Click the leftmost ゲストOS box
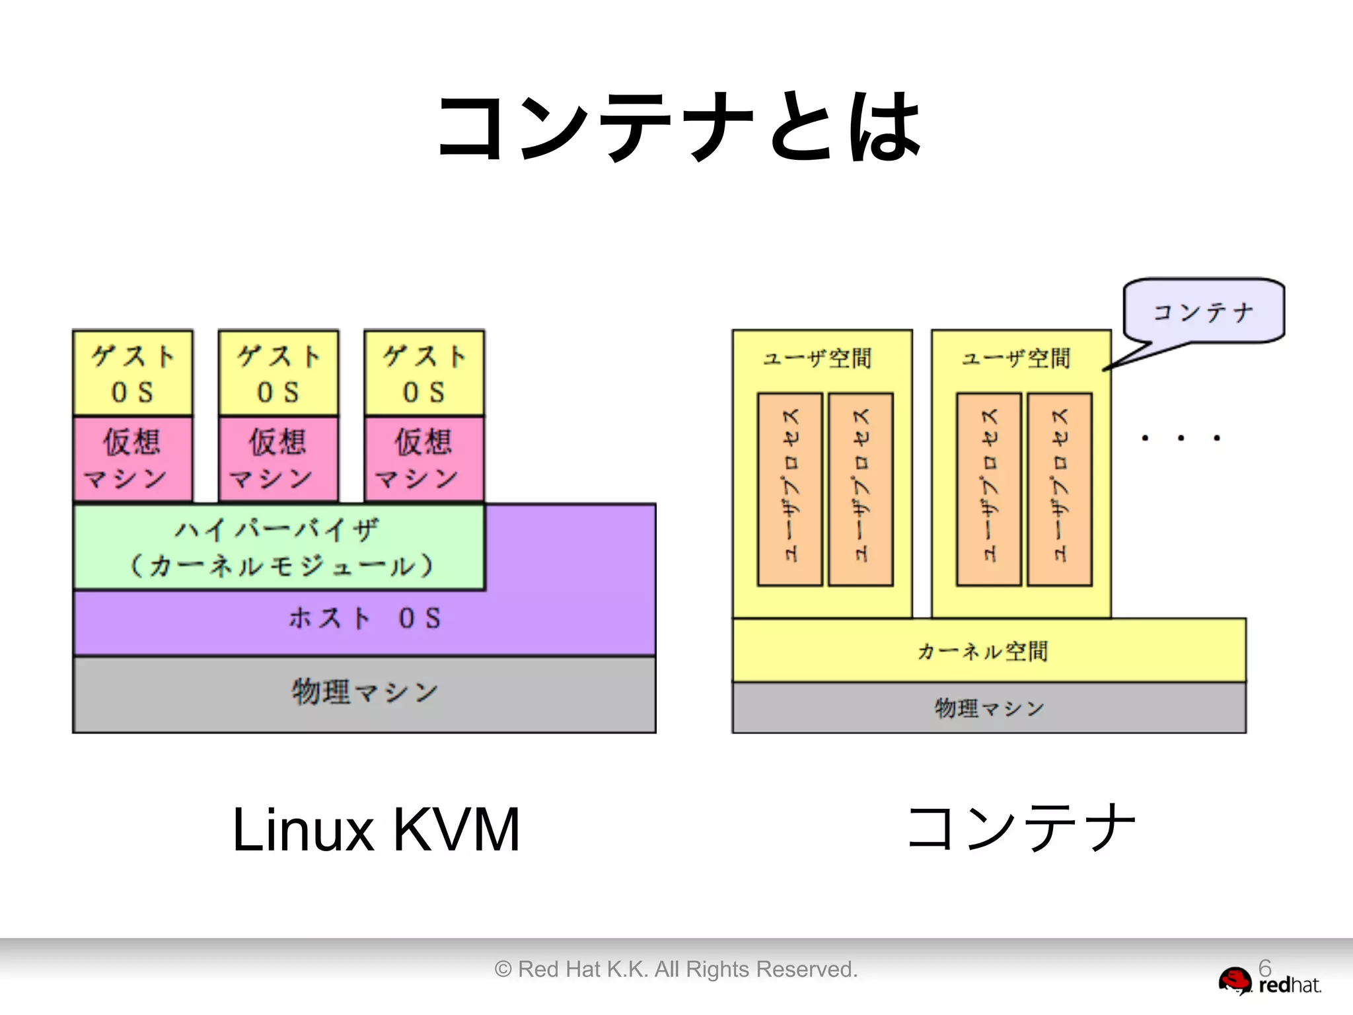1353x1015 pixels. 133,373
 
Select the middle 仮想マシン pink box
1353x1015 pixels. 278,459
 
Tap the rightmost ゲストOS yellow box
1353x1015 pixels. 424,373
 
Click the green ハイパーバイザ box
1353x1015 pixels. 279,547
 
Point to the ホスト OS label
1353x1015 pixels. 364,619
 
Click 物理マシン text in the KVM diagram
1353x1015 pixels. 364,693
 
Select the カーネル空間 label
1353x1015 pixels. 982,652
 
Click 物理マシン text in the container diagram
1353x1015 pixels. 989,708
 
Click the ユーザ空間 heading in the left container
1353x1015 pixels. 817,359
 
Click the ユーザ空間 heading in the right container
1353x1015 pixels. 1016,359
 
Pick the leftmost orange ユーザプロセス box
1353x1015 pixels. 790,489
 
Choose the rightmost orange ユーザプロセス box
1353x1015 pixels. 1060,489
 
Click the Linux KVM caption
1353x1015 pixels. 376,829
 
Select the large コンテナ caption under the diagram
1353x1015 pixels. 1021,828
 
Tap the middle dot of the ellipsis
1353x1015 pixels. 1181,438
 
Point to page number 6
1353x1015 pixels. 1264,967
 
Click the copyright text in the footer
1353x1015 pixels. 676,969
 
